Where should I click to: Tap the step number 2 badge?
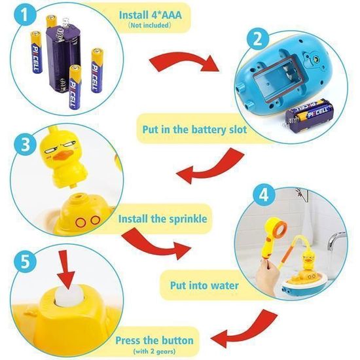(x=258, y=39)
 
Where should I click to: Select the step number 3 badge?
(x=25, y=145)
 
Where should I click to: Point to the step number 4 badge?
(x=264, y=196)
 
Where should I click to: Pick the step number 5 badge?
(x=25, y=262)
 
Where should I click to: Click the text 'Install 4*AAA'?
(x=151, y=15)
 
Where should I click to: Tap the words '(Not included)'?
(x=149, y=25)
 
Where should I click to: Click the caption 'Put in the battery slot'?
(x=194, y=130)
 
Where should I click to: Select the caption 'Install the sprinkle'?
(x=162, y=219)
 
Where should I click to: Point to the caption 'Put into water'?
(x=204, y=285)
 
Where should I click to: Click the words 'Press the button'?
(x=154, y=340)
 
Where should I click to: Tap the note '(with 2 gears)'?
(x=154, y=351)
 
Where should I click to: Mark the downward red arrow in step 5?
(x=65, y=269)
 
